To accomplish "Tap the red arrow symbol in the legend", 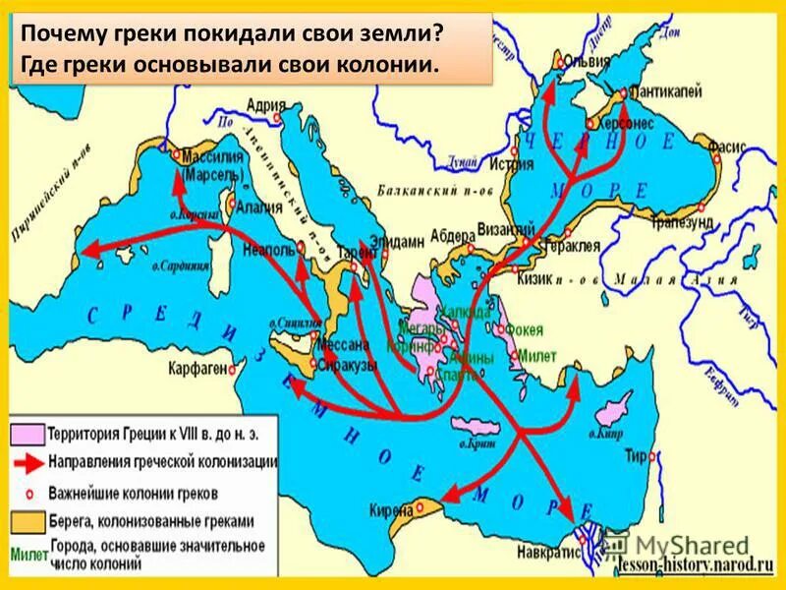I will point(27,459).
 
